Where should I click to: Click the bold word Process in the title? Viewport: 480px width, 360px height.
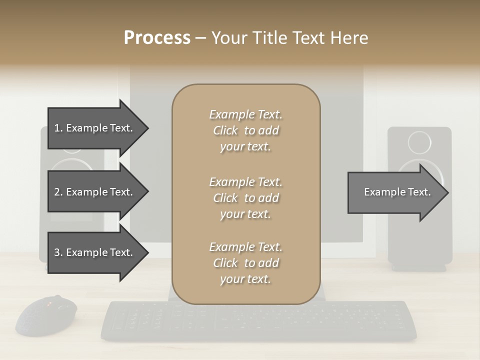point(157,38)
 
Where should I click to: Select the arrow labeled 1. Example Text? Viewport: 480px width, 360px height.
point(95,128)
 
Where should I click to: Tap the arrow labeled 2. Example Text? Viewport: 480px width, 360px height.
point(95,192)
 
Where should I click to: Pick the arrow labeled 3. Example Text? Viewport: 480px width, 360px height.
point(95,252)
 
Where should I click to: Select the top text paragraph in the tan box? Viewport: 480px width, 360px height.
point(245,130)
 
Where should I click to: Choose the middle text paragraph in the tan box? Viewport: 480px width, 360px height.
point(245,198)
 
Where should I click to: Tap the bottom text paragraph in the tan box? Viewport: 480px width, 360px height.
point(245,263)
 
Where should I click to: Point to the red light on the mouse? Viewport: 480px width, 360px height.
point(49,303)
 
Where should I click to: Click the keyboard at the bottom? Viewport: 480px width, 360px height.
point(258,320)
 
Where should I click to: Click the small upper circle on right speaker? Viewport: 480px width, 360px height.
point(419,142)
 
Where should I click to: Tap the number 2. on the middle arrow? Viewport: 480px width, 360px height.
point(58,192)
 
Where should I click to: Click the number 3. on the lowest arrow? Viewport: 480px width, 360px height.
point(58,252)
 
